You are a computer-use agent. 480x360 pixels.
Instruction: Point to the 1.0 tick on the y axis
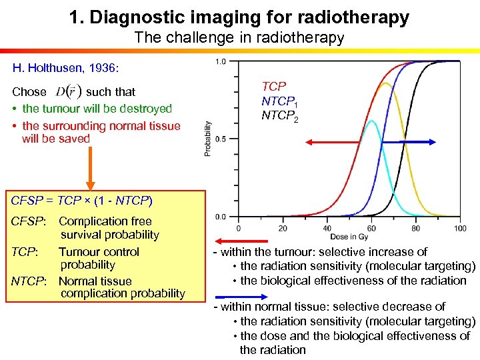(x=220, y=61)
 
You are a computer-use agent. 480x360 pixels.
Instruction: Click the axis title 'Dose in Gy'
(x=349, y=237)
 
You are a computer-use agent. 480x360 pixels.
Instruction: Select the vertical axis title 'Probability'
(x=208, y=139)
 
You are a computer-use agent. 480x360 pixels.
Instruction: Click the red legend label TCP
(x=274, y=87)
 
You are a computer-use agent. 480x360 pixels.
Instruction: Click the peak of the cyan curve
(x=372, y=121)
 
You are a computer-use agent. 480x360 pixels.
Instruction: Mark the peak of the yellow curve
(x=385, y=83)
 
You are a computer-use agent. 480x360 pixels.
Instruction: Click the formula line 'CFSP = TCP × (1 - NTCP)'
(x=82, y=200)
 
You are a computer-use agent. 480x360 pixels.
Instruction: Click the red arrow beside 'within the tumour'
(x=233, y=242)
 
